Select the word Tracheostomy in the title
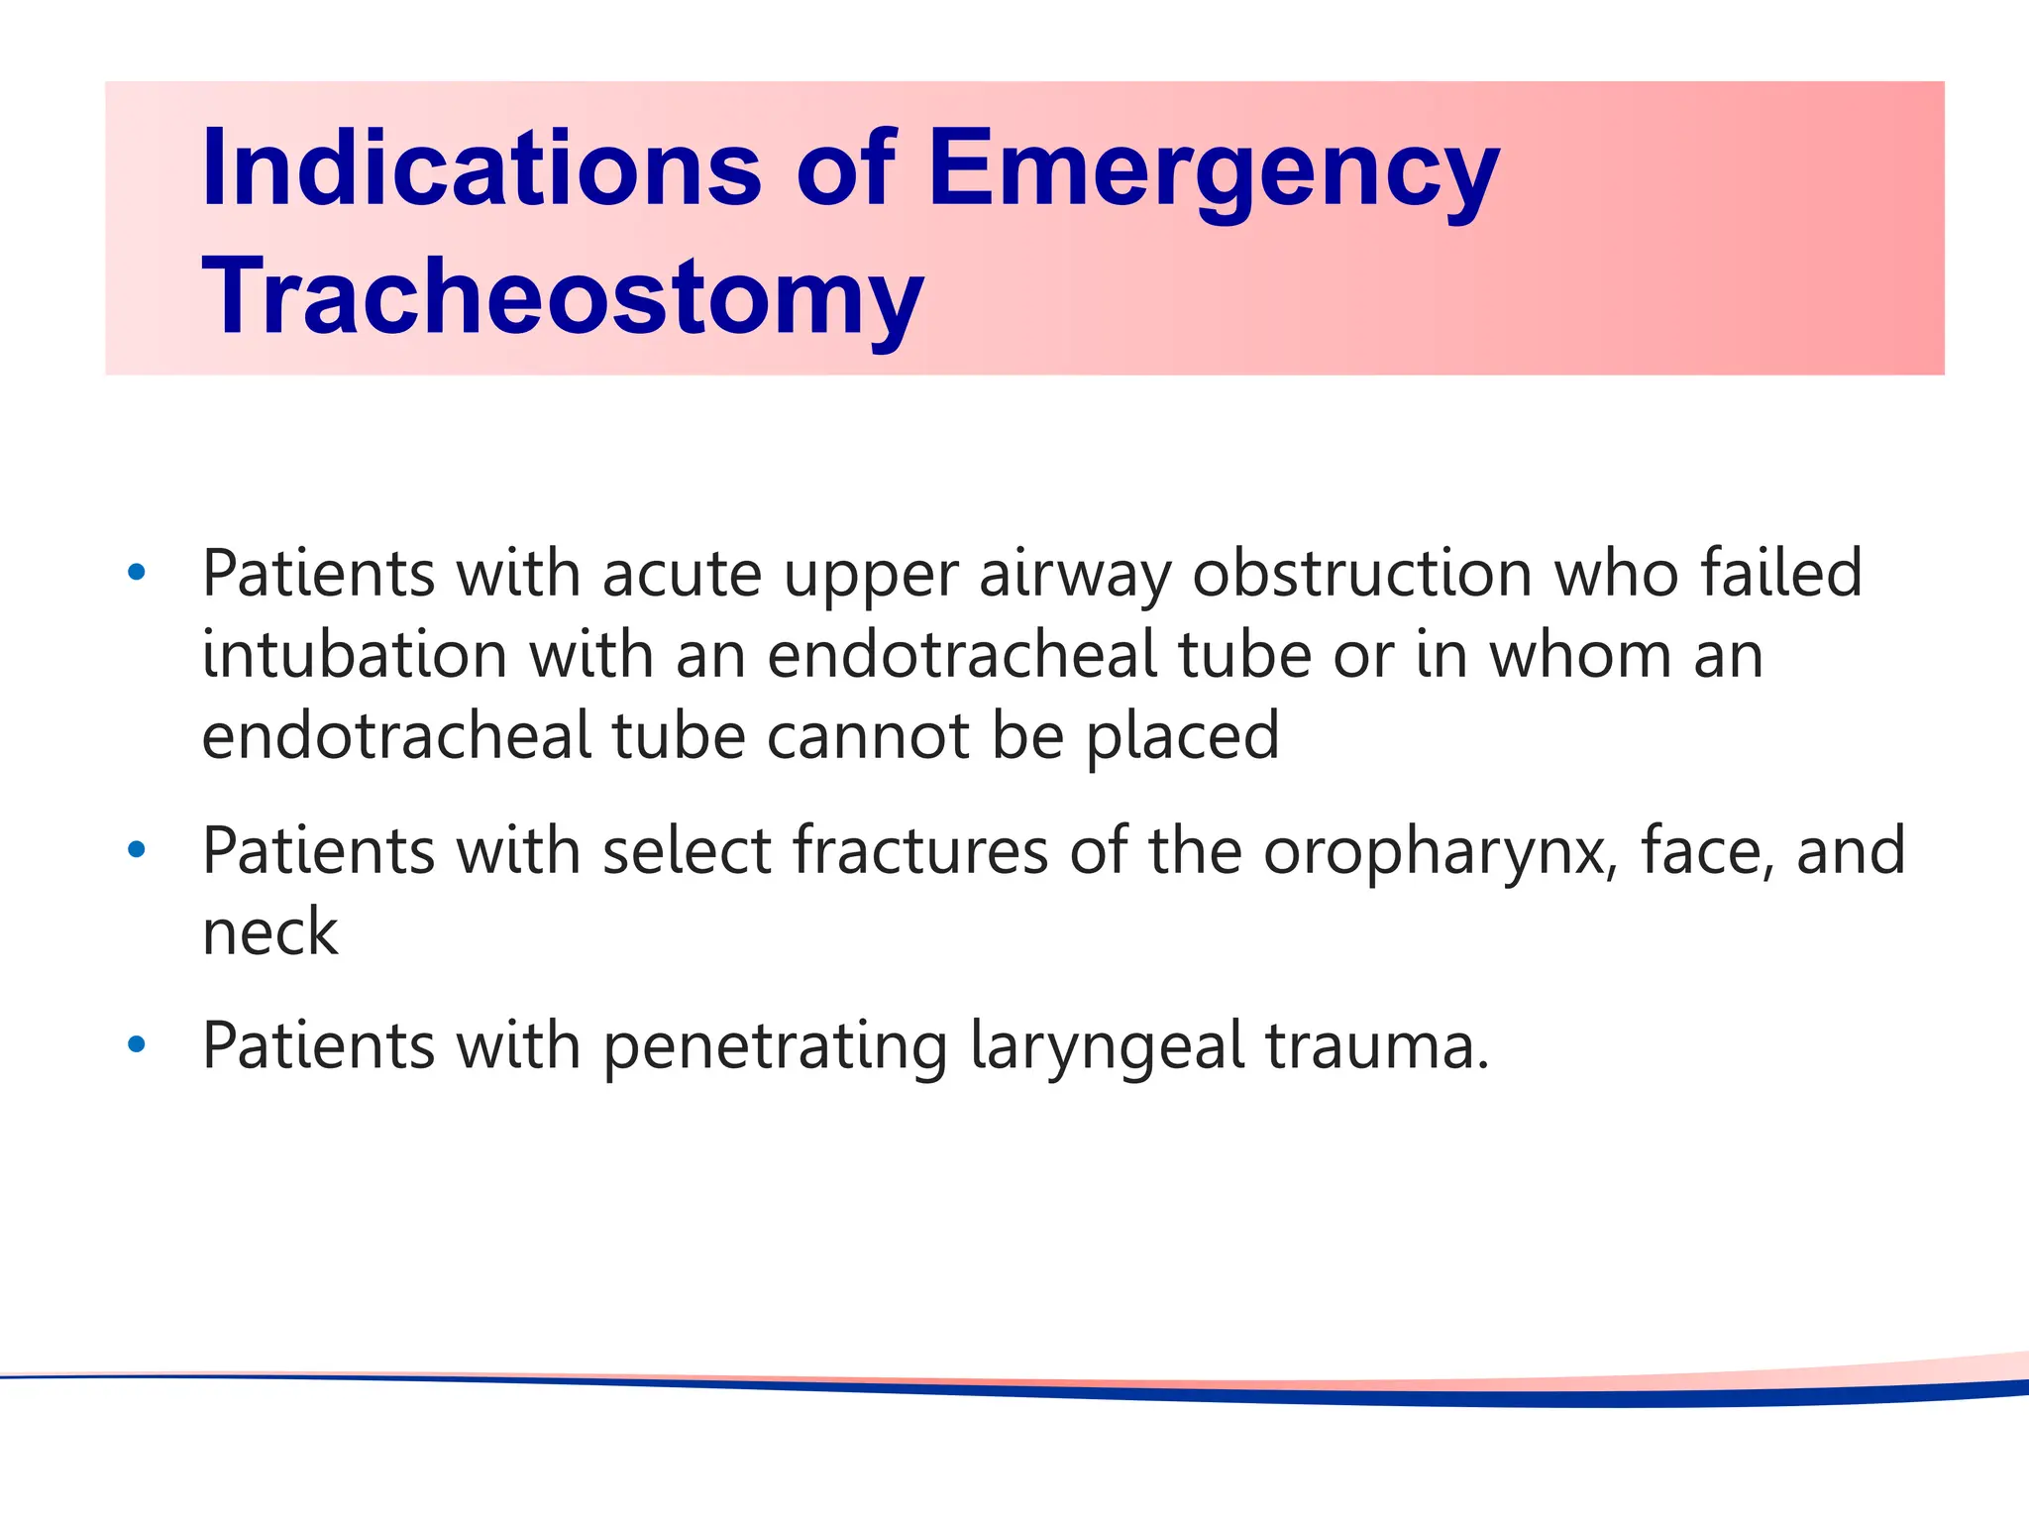tap(562, 296)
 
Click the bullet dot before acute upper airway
tap(137, 572)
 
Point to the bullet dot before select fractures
tap(137, 849)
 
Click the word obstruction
tap(1363, 574)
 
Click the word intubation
tap(355, 656)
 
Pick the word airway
tap(1075, 576)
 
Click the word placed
tap(1183, 737)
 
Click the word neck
tap(270, 932)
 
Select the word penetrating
tap(775, 1047)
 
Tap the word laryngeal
tap(1107, 1047)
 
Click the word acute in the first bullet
tap(682, 576)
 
